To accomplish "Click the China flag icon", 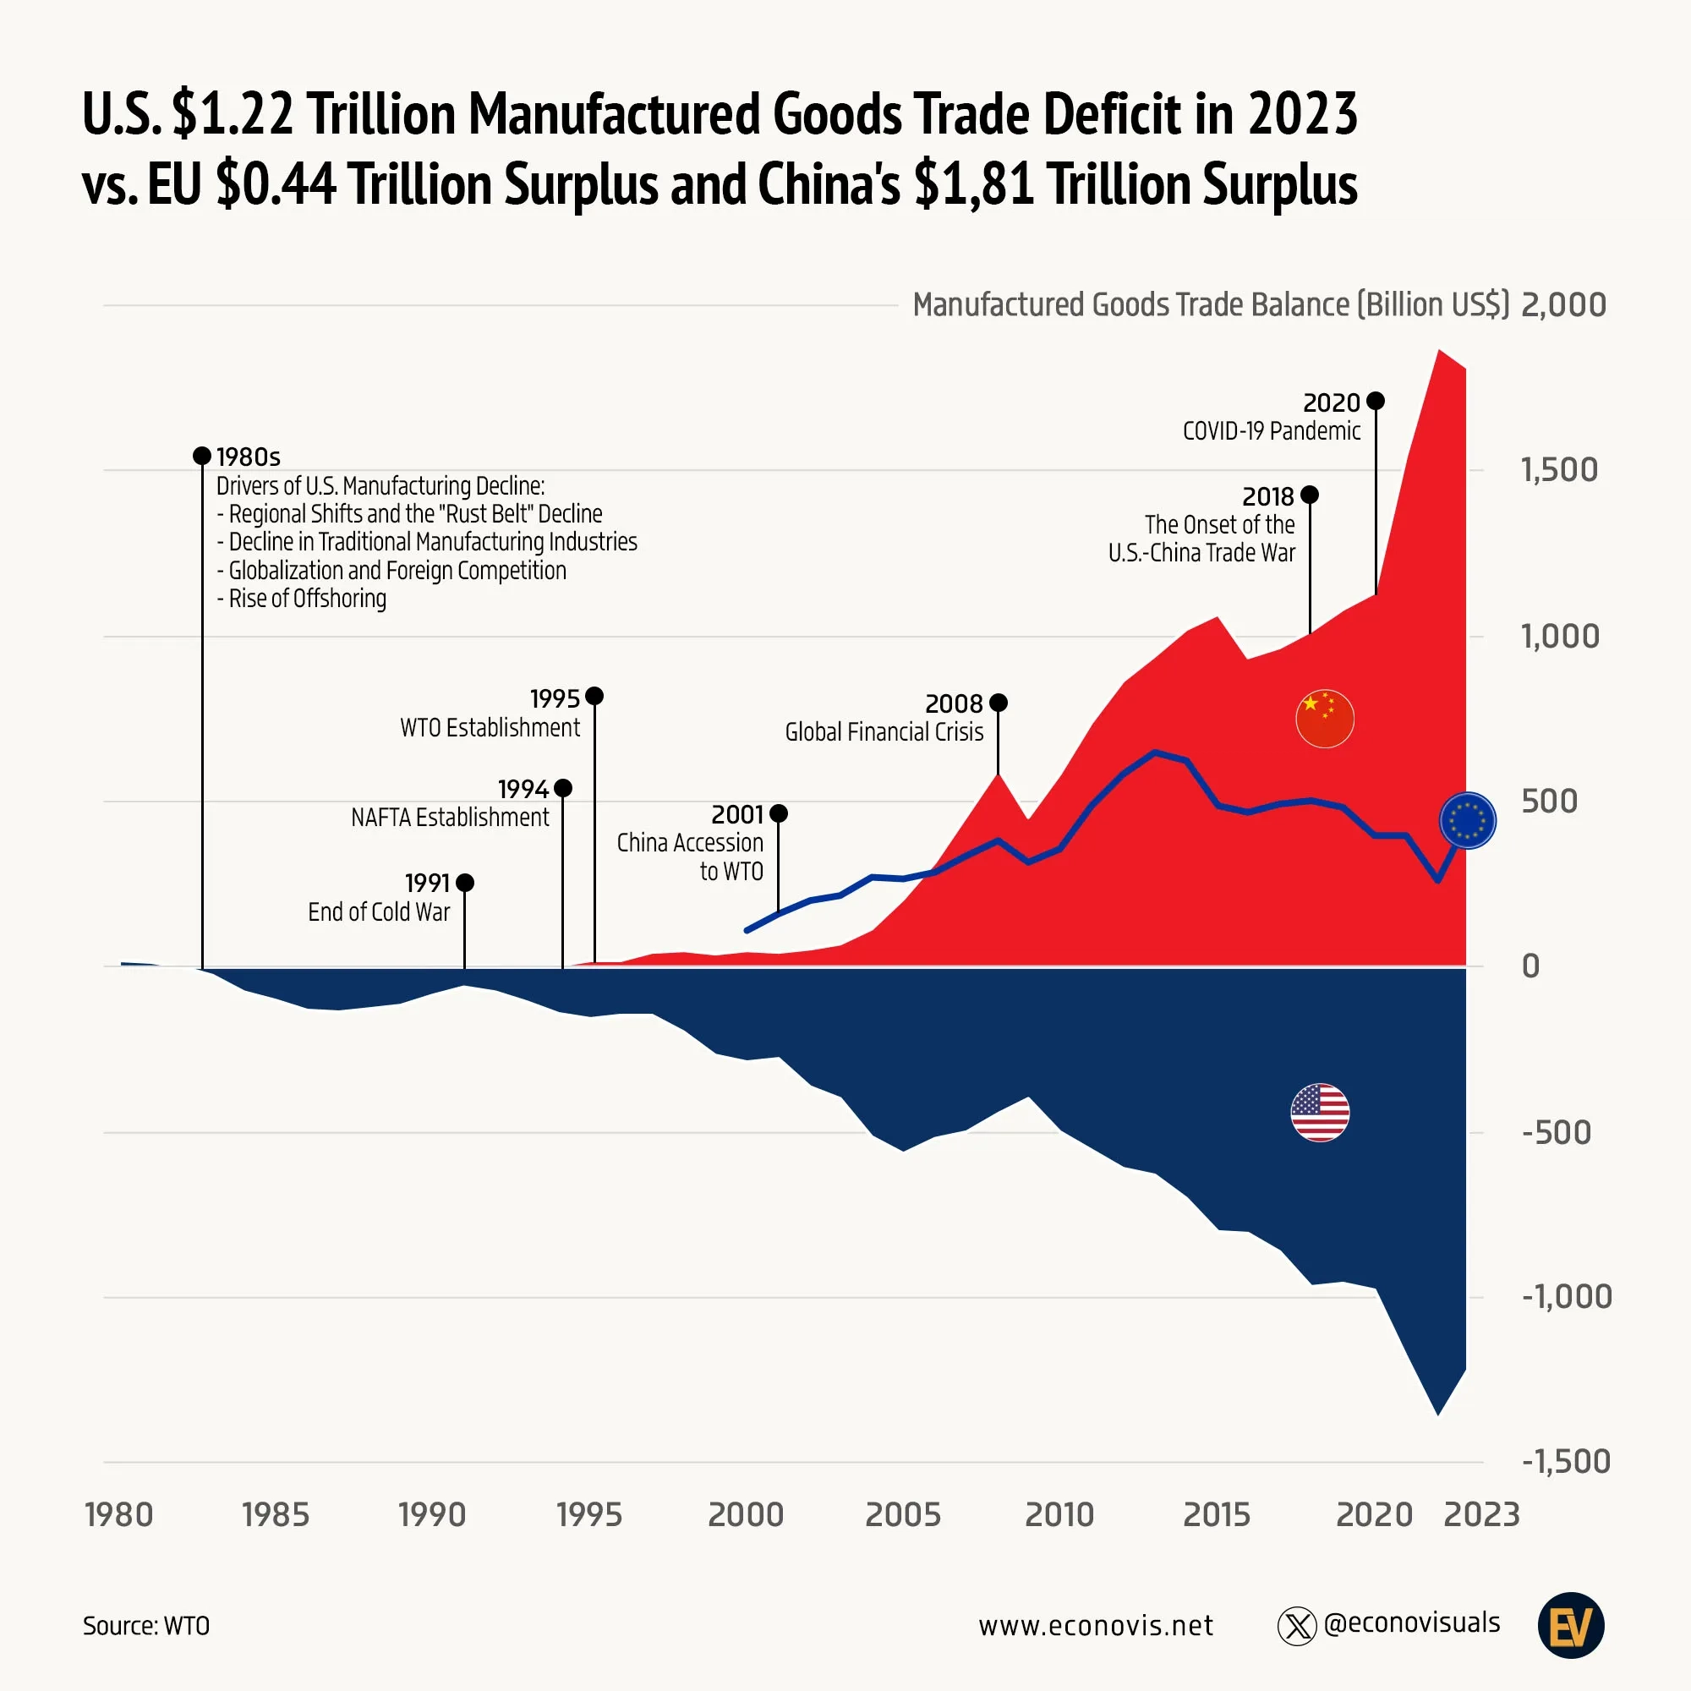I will click(x=1324, y=719).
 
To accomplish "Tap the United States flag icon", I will click(x=1320, y=1113).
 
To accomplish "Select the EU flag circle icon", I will click(x=1467, y=821).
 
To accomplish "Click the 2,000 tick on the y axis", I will click(x=1563, y=304).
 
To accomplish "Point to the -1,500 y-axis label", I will click(x=1566, y=1461).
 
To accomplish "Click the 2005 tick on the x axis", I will click(x=902, y=1514).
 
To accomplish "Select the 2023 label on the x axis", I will click(x=1481, y=1514).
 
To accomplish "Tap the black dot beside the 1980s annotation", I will click(x=202, y=455).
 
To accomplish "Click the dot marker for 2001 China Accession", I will click(x=778, y=814).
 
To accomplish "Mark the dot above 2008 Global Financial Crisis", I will click(x=998, y=703).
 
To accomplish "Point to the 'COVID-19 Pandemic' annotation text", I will click(x=1271, y=430).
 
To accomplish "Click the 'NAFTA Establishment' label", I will click(x=450, y=818).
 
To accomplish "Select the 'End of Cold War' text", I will click(x=378, y=912).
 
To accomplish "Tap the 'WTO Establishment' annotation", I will click(x=490, y=727).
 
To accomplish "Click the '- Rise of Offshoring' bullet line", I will click(x=301, y=599).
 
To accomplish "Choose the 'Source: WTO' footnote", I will click(x=146, y=1625).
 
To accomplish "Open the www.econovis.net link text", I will click(x=1096, y=1625).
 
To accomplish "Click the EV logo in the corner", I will click(x=1570, y=1625).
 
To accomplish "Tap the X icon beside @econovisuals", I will click(x=1296, y=1626).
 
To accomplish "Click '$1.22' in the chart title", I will click(x=233, y=114).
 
